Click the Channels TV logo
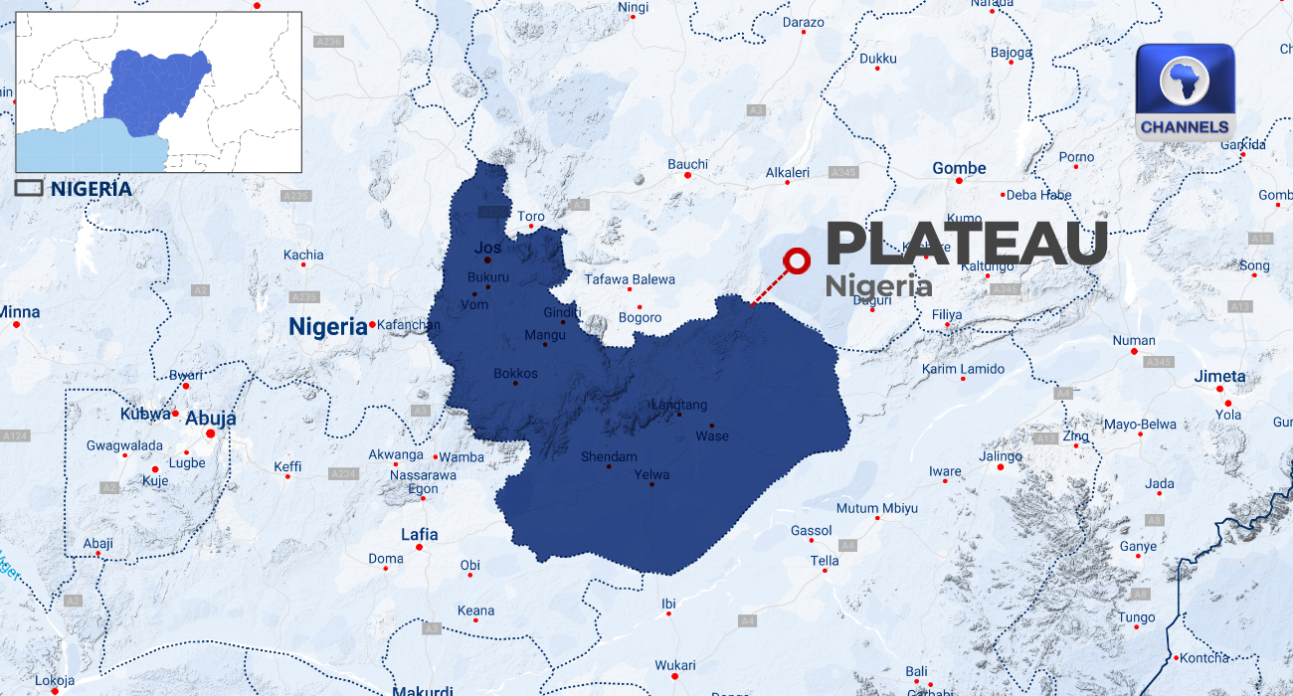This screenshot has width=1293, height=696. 1185,91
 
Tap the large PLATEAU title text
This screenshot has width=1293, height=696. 966,244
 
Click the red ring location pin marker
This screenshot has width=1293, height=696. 797,261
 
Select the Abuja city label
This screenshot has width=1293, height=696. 210,419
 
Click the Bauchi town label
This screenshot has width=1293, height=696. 687,164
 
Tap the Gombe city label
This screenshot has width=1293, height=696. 959,169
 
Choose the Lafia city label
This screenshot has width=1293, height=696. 419,535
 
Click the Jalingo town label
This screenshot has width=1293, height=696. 1001,456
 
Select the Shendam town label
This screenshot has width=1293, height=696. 609,456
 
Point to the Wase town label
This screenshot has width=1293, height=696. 712,435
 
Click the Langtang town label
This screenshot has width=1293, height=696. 678,405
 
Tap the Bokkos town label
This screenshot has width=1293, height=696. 515,374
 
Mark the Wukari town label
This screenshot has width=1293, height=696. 675,665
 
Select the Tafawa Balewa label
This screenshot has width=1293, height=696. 630,279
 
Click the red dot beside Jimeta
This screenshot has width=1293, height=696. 1220,389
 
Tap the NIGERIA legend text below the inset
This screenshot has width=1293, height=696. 91,188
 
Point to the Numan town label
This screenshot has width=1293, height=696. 1134,340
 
